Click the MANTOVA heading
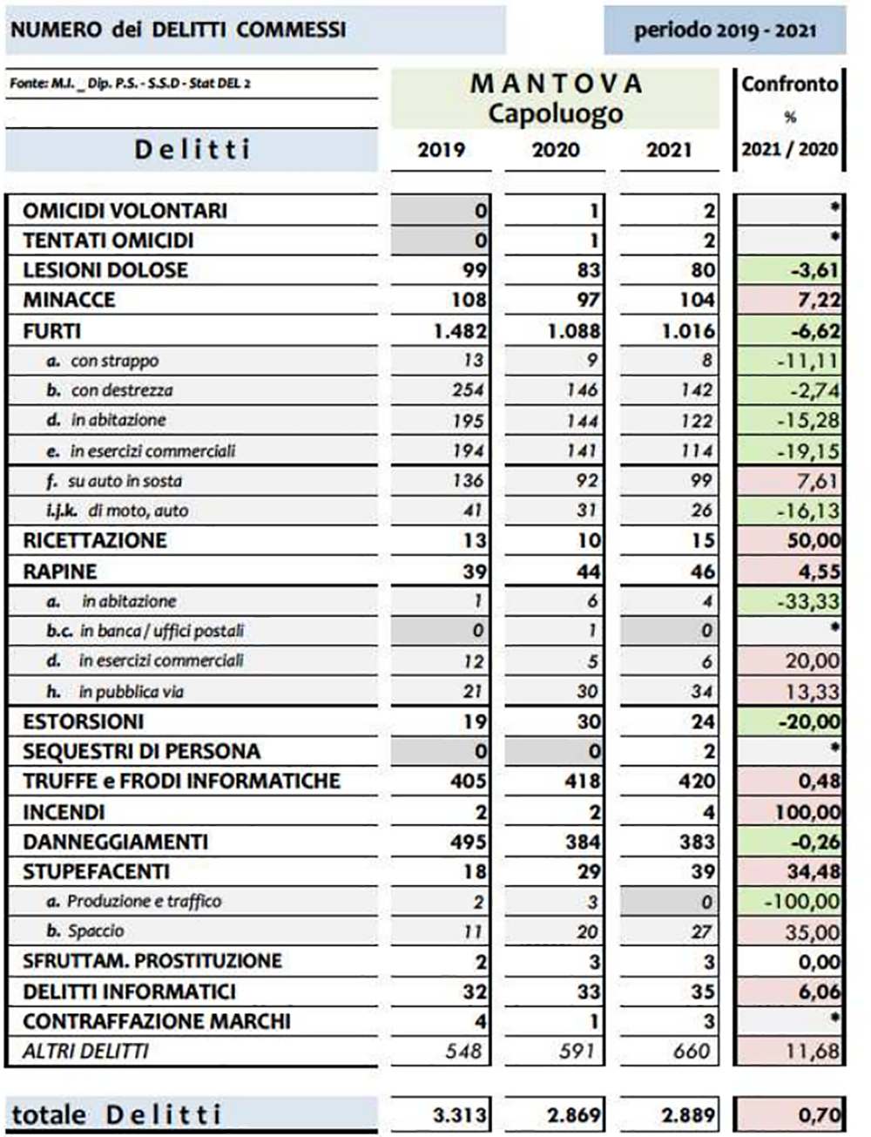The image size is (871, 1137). point(556,84)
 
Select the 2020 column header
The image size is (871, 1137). point(556,150)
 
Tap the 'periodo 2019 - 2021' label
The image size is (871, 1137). point(725,30)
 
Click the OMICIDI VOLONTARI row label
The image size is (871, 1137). point(125,211)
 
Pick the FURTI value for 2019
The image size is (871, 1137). point(460,331)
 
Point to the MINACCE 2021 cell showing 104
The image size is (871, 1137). point(695,301)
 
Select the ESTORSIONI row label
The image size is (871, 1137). point(84,721)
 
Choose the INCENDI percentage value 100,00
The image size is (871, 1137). point(808,812)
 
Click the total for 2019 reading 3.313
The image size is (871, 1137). point(460,1114)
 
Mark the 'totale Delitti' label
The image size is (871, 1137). point(117,1114)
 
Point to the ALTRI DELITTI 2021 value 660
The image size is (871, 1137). point(692,1052)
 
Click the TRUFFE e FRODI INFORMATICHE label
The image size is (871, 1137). point(181,781)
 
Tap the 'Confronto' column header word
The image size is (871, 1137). point(789,85)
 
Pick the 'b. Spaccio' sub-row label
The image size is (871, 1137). point(85,931)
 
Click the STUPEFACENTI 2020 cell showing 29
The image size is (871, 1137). point(589,872)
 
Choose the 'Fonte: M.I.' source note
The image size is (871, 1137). point(131,84)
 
